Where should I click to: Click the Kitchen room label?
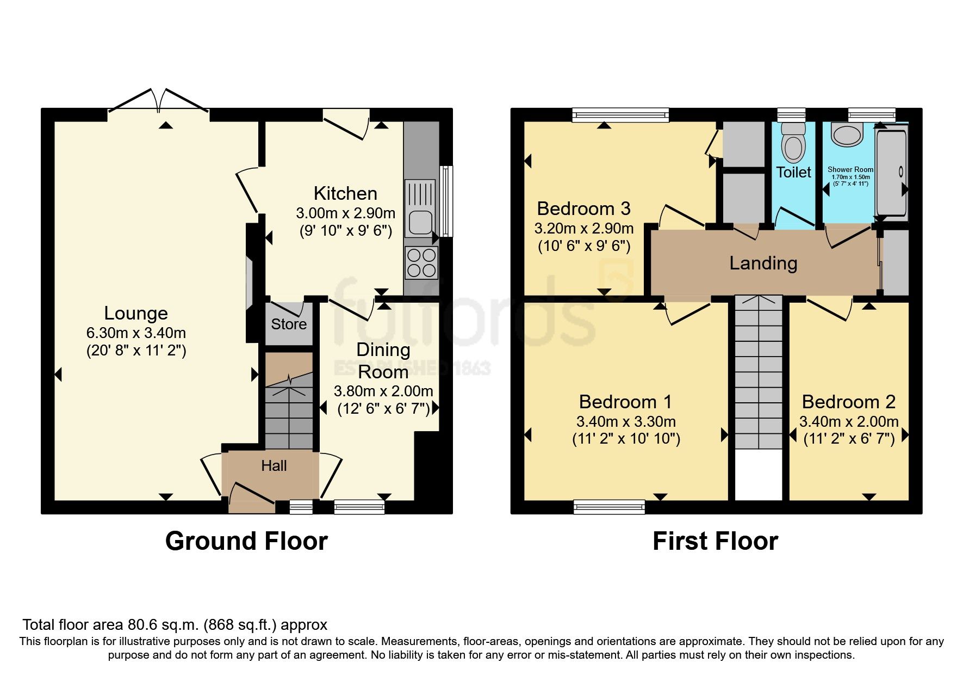345,193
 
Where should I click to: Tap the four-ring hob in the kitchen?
421,262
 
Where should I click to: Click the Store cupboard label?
289,324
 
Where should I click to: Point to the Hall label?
274,466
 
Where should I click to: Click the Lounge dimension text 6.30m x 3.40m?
136,333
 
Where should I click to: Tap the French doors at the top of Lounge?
159,103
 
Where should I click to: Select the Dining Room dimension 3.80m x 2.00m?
383,391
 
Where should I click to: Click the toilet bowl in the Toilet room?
793,144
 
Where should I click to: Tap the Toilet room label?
793,173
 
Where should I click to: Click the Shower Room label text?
850,170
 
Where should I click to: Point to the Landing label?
763,263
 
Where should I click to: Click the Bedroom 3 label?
583,208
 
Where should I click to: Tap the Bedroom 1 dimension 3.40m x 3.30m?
626,421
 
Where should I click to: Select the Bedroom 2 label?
848,402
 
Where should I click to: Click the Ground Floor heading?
246,541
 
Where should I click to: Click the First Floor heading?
715,541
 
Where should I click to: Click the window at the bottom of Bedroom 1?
609,507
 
